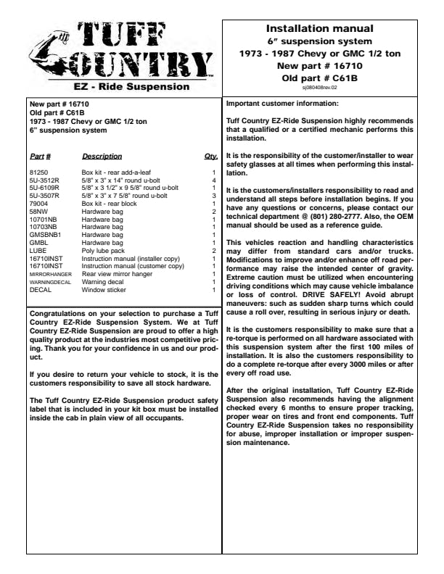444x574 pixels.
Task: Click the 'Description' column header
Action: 102,156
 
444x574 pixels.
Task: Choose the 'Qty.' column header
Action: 211,156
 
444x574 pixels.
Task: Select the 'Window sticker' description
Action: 102,290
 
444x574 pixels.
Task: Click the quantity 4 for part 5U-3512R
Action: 214,180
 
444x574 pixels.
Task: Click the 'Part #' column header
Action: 39,156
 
